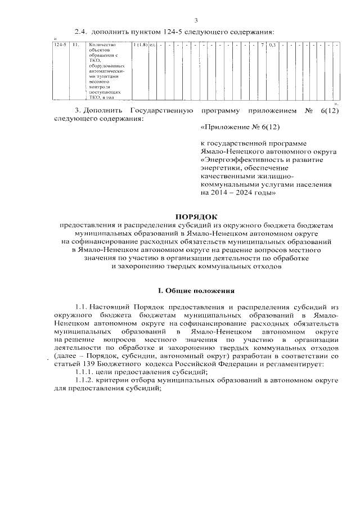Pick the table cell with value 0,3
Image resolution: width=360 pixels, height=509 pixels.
[272, 44]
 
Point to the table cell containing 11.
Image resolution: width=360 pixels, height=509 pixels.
[74, 44]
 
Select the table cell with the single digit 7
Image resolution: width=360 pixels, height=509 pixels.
[263, 44]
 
